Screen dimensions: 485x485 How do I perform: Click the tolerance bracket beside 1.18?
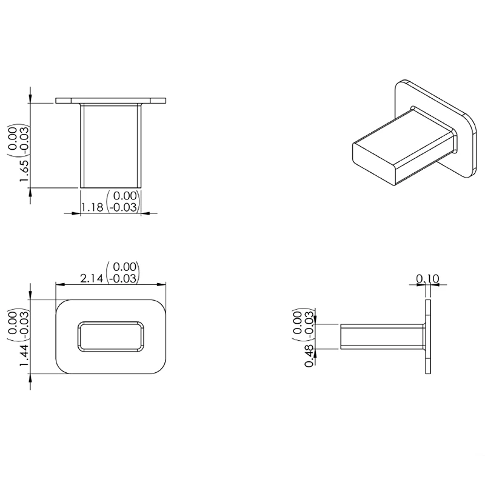123,202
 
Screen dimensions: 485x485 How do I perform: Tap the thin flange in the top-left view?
111,100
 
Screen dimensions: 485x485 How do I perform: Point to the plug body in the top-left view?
111,145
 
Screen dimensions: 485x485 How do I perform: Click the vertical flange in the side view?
429,336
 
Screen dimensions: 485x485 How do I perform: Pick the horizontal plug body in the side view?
382,336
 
